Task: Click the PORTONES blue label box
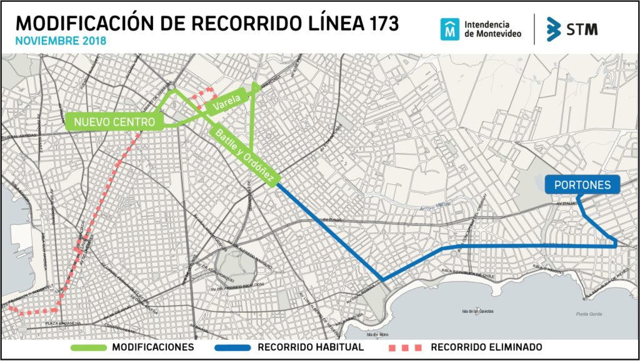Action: pyautogui.click(x=582, y=185)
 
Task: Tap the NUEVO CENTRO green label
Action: pyautogui.click(x=114, y=122)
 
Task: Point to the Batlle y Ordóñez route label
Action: pyautogui.click(x=244, y=156)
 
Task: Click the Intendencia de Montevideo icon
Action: pyautogui.click(x=449, y=29)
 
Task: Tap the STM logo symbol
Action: pyautogui.click(x=553, y=29)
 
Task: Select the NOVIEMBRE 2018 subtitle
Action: pyautogui.click(x=61, y=41)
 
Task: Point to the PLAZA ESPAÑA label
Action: pyautogui.click(x=61, y=324)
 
